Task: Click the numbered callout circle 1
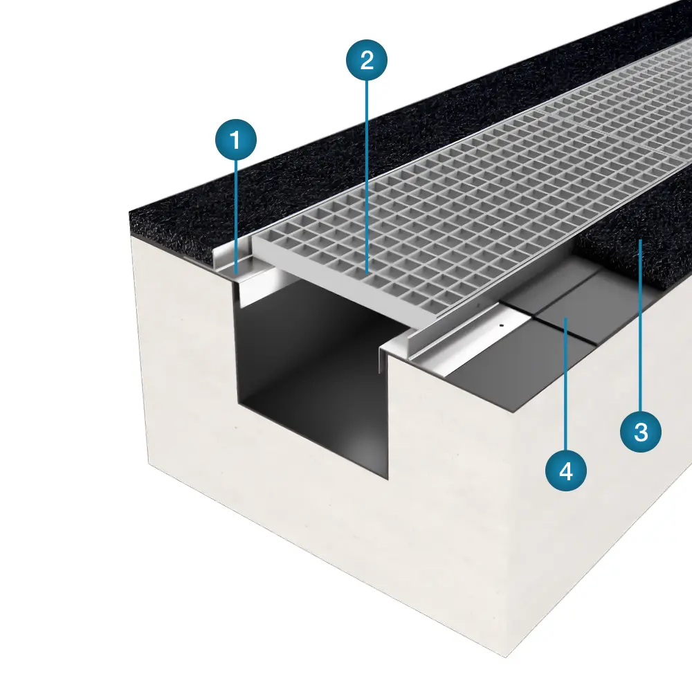coord(236,140)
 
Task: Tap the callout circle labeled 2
coord(367,60)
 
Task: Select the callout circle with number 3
coord(641,431)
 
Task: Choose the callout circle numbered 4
coord(566,471)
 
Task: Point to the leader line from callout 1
coord(236,217)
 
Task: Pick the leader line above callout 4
coord(566,383)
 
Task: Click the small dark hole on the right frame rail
coord(501,326)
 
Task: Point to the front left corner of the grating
coord(253,242)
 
